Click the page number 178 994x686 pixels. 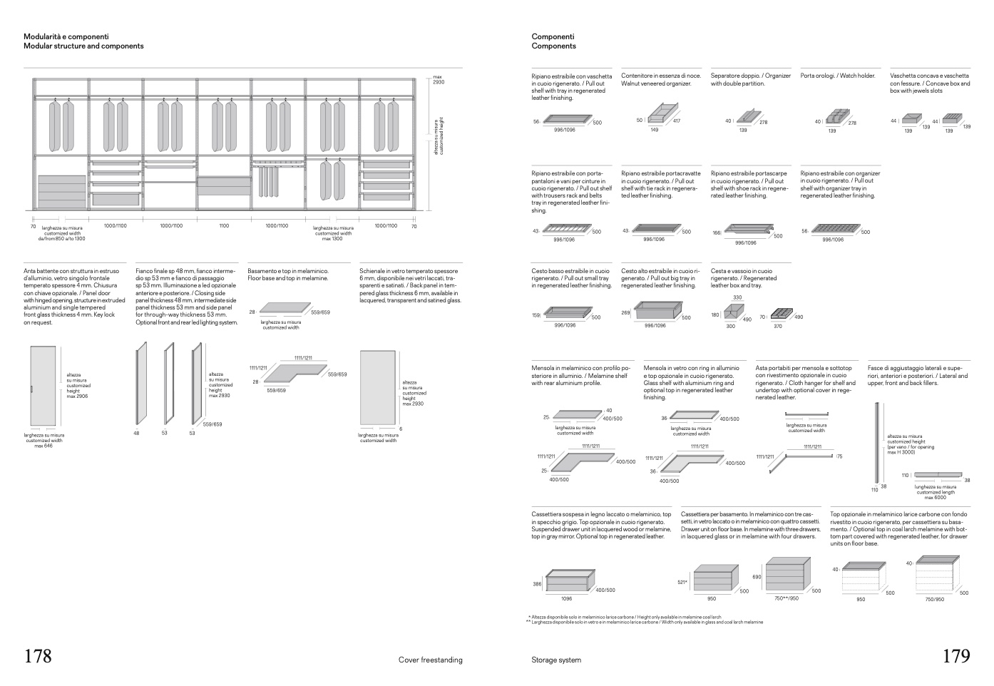pyautogui.click(x=38, y=656)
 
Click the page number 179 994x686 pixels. pyautogui.click(x=956, y=656)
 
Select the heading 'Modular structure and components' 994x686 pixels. pyautogui.click(x=83, y=46)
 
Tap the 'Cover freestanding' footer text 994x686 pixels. pyautogui.click(x=430, y=660)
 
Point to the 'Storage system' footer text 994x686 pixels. pyautogui.click(x=556, y=660)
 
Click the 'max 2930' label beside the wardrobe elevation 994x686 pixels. pyautogui.click(x=438, y=80)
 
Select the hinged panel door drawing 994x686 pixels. pyautogui.click(x=41, y=386)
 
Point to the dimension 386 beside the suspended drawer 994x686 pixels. pyautogui.click(x=537, y=584)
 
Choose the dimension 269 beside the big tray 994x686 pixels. pyautogui.click(x=625, y=312)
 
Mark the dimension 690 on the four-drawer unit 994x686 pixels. pyautogui.click(x=757, y=577)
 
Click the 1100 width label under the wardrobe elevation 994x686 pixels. pyautogui.click(x=223, y=225)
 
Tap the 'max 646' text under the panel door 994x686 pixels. pyautogui.click(x=43, y=446)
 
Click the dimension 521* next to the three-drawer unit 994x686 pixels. pyautogui.click(x=682, y=582)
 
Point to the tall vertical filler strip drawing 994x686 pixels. pyautogui.click(x=876, y=442)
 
